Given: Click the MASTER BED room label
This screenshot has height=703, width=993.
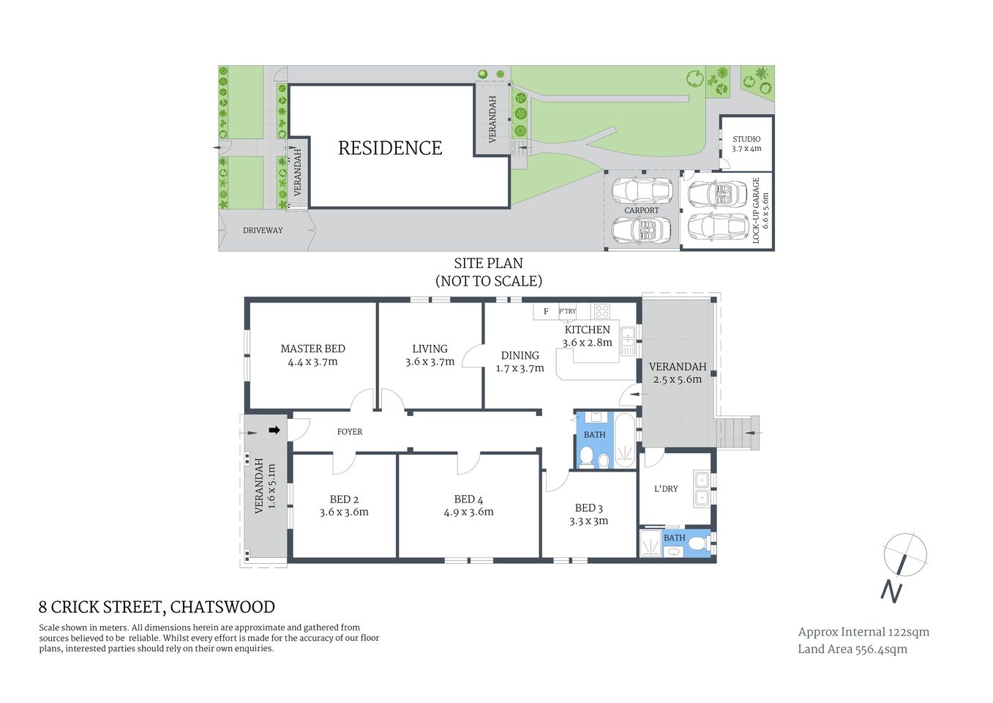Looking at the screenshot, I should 312,349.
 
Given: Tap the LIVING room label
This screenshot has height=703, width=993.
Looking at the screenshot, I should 430,349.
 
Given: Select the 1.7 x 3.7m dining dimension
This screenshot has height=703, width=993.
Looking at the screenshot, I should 520,368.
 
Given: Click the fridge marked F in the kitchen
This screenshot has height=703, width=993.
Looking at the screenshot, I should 546,311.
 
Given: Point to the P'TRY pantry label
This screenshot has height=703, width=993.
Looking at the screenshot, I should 567,311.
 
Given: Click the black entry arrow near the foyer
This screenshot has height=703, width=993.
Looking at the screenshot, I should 274,431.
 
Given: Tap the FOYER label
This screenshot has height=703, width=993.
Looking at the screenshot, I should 350,432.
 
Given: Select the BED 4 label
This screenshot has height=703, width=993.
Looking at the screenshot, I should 468,499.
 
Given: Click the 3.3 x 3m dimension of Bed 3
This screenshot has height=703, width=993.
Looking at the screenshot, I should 589,521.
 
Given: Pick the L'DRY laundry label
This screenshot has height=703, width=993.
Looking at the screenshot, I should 666,488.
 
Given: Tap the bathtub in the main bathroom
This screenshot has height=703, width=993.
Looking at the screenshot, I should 624,440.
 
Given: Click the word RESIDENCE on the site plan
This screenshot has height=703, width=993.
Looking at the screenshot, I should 390,148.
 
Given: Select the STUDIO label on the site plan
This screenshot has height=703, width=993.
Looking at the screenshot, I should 746,138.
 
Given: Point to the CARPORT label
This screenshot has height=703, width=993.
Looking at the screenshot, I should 642,210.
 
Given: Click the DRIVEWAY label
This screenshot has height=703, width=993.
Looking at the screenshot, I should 263,230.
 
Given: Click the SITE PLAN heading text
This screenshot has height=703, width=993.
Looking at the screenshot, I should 488,263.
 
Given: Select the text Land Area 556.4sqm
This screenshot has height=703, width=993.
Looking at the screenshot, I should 852,649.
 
